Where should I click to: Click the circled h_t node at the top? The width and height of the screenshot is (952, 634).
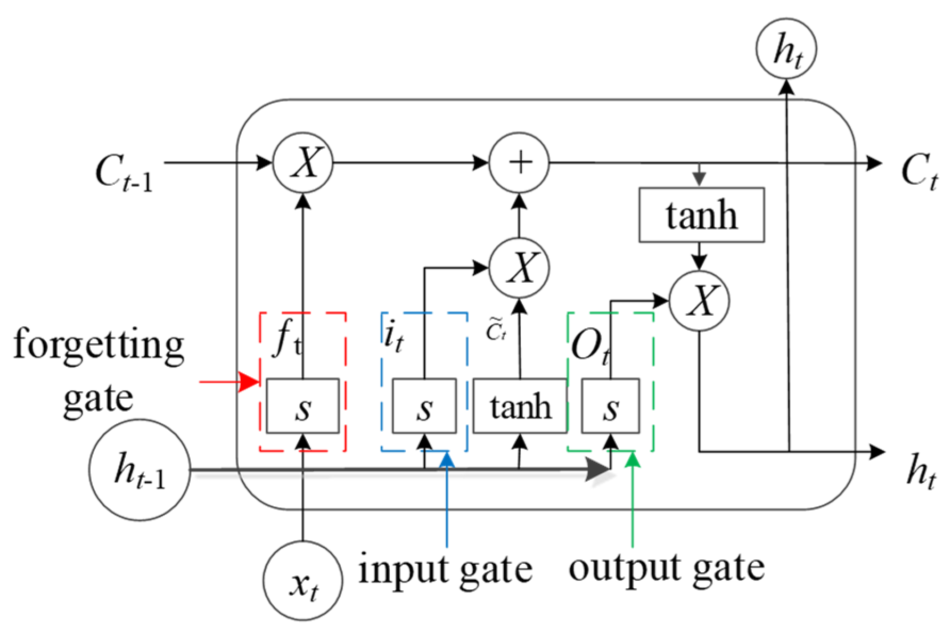(786, 49)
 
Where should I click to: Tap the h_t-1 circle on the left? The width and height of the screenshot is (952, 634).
(139, 470)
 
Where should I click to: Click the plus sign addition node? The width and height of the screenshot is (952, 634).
(519, 162)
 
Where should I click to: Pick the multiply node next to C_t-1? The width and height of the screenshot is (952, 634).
(303, 162)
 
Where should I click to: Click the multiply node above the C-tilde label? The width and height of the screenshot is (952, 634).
(519, 267)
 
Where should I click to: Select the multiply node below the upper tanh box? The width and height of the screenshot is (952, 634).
(699, 301)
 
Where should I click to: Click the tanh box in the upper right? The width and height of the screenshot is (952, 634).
(701, 215)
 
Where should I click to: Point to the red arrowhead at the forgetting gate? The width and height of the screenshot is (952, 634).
(248, 382)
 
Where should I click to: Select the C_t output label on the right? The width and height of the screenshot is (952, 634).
(918, 171)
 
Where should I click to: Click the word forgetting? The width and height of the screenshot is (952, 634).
(99, 345)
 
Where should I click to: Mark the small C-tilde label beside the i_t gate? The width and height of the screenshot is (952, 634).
(496, 331)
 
